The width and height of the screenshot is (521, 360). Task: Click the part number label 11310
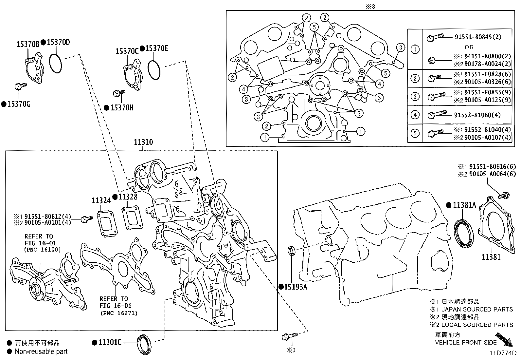click(143, 142)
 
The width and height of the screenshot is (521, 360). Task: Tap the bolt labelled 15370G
click(21, 86)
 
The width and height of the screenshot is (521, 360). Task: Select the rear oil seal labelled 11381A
click(463, 234)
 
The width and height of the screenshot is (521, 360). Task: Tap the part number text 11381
click(491, 257)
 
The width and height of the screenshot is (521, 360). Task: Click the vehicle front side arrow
click(504, 339)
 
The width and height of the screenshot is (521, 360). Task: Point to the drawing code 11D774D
click(503, 353)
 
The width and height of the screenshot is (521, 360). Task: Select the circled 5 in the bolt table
click(415, 133)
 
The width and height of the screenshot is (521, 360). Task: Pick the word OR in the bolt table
click(469, 47)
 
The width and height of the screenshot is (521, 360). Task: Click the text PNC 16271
click(119, 313)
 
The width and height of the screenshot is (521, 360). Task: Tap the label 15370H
click(121, 108)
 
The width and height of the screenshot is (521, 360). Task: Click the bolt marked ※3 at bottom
click(290, 336)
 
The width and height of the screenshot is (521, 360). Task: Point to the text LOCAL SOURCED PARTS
click(477, 325)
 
